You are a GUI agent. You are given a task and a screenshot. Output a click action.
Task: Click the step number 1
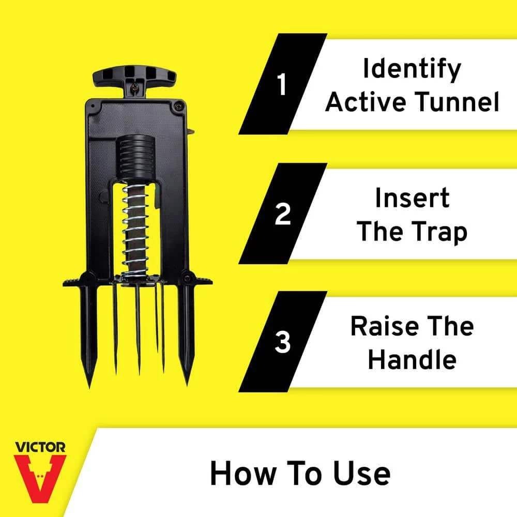coord(282,84)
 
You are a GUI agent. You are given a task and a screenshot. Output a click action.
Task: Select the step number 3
coord(283,342)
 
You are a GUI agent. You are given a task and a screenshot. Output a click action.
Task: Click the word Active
coord(366,102)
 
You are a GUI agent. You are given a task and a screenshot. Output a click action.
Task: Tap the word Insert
coord(412,198)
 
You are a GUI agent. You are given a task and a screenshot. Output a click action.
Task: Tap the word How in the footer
coord(242,474)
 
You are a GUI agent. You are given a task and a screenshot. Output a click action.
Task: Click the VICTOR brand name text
coord(40,447)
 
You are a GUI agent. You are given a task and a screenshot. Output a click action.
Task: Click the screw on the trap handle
coord(135,88)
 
